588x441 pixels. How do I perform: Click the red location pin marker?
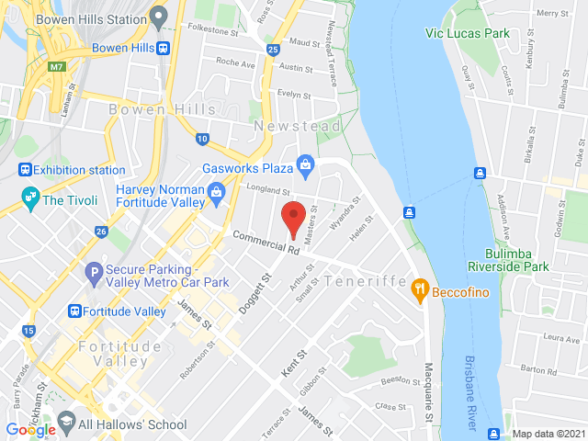(293, 219)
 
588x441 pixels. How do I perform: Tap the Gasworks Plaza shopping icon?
(305, 166)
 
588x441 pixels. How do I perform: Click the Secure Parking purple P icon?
(92, 272)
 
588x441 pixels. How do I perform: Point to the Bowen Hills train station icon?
(163, 48)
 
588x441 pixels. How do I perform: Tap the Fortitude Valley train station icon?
(75, 311)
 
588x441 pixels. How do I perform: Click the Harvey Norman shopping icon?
(218, 192)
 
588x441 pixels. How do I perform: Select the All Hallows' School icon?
(66, 423)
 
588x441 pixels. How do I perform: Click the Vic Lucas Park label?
(467, 33)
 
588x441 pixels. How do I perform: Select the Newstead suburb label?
(298, 126)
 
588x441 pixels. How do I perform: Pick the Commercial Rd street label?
(266, 243)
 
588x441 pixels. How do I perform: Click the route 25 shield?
(272, 50)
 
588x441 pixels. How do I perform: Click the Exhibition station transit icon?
(25, 170)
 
